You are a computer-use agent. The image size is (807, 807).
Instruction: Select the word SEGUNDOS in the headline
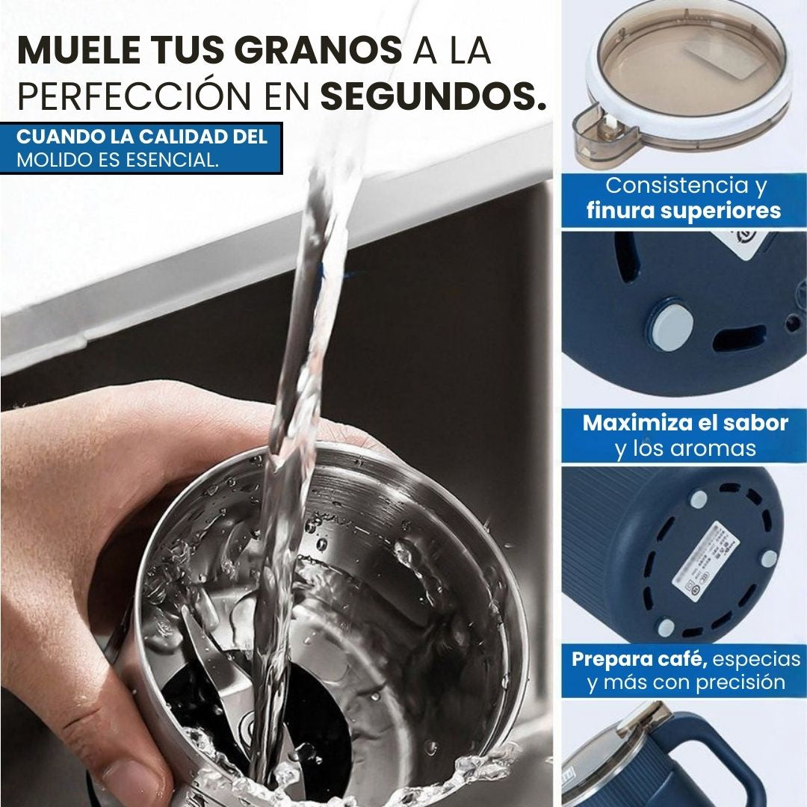433,97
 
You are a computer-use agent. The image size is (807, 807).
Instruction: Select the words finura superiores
684,210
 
